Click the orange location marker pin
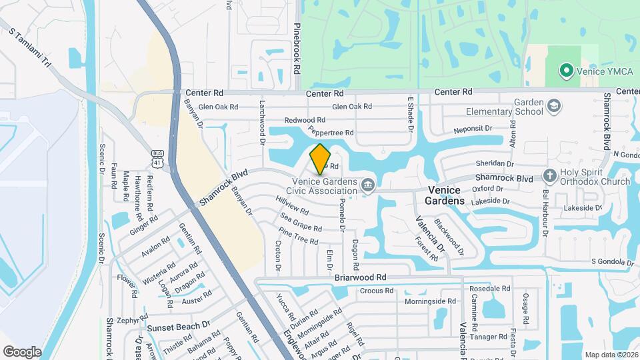pyautogui.click(x=320, y=159)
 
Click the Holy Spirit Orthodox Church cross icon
pyautogui.click(x=549, y=176)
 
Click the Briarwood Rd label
pyautogui.click(x=361, y=277)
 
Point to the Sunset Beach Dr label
pyautogui.click(x=179, y=327)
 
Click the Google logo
pyautogui.click(x=22, y=351)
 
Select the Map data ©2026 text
pyautogui.click(x=611, y=355)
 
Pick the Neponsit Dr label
pyautogui.click(x=472, y=128)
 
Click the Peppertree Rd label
pyautogui.click(x=331, y=133)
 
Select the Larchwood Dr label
pyautogui.click(x=262, y=117)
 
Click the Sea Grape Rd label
pyautogui.click(x=301, y=223)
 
